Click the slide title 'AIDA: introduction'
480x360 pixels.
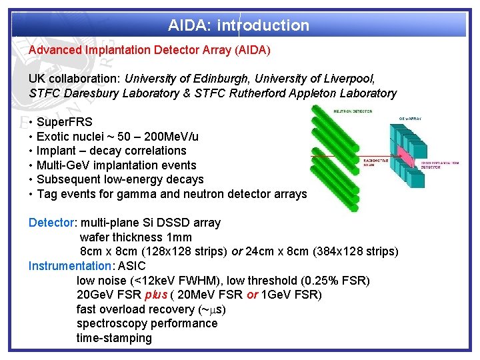click(239, 26)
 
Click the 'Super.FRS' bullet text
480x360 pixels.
click(65, 122)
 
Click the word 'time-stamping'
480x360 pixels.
click(114, 338)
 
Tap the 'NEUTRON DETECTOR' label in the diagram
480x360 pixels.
click(353, 111)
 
